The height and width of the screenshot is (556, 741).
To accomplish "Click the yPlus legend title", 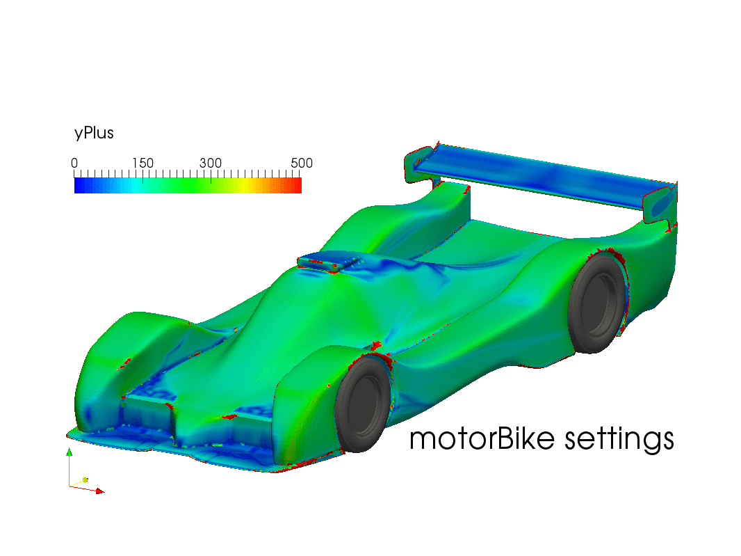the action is [94, 133].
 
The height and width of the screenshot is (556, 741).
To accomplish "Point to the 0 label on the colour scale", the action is [74, 164].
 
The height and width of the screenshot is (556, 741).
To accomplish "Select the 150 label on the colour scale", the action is [142, 164].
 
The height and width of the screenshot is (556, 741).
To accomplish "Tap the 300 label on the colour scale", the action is [211, 164].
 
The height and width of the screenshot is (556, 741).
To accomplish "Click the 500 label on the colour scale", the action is [302, 164].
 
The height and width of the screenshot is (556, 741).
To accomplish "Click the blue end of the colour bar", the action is [79, 186].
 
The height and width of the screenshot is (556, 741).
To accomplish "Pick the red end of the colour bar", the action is [298, 186].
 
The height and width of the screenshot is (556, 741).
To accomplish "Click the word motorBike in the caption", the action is [482, 438].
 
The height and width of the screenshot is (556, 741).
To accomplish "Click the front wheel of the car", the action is [362, 404].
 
